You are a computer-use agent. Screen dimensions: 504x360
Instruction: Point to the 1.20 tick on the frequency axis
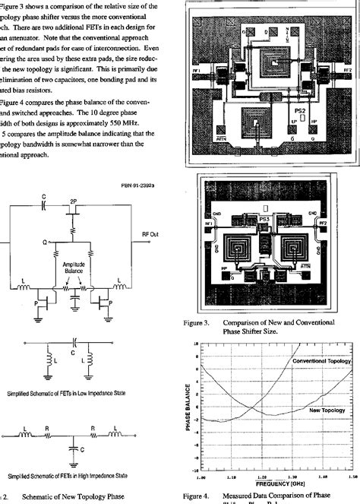point(261,477)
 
